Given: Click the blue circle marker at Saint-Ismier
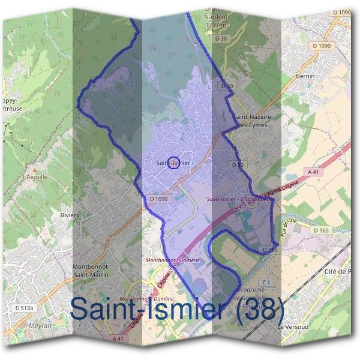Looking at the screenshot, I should pos(172,162).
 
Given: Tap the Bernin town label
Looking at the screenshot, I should pos(306,77).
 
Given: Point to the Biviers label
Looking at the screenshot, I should pos(70,215).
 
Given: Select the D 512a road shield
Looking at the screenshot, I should pos(23,308).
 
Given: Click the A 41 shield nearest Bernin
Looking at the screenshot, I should pos(312,172).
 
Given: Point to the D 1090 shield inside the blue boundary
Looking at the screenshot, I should pos(157,199).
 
